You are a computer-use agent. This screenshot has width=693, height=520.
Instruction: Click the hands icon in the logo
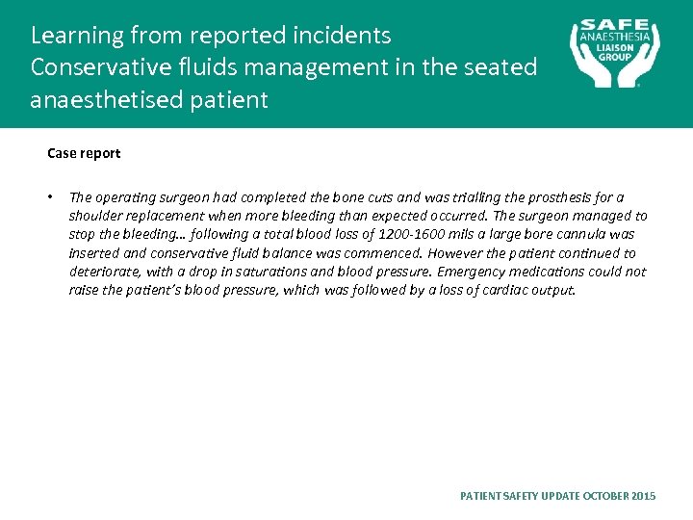(x=616, y=67)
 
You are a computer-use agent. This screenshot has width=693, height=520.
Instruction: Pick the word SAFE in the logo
(x=617, y=26)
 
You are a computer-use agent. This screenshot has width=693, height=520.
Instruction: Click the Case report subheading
(x=84, y=153)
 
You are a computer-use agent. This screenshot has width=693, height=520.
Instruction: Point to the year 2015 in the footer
(x=645, y=496)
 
